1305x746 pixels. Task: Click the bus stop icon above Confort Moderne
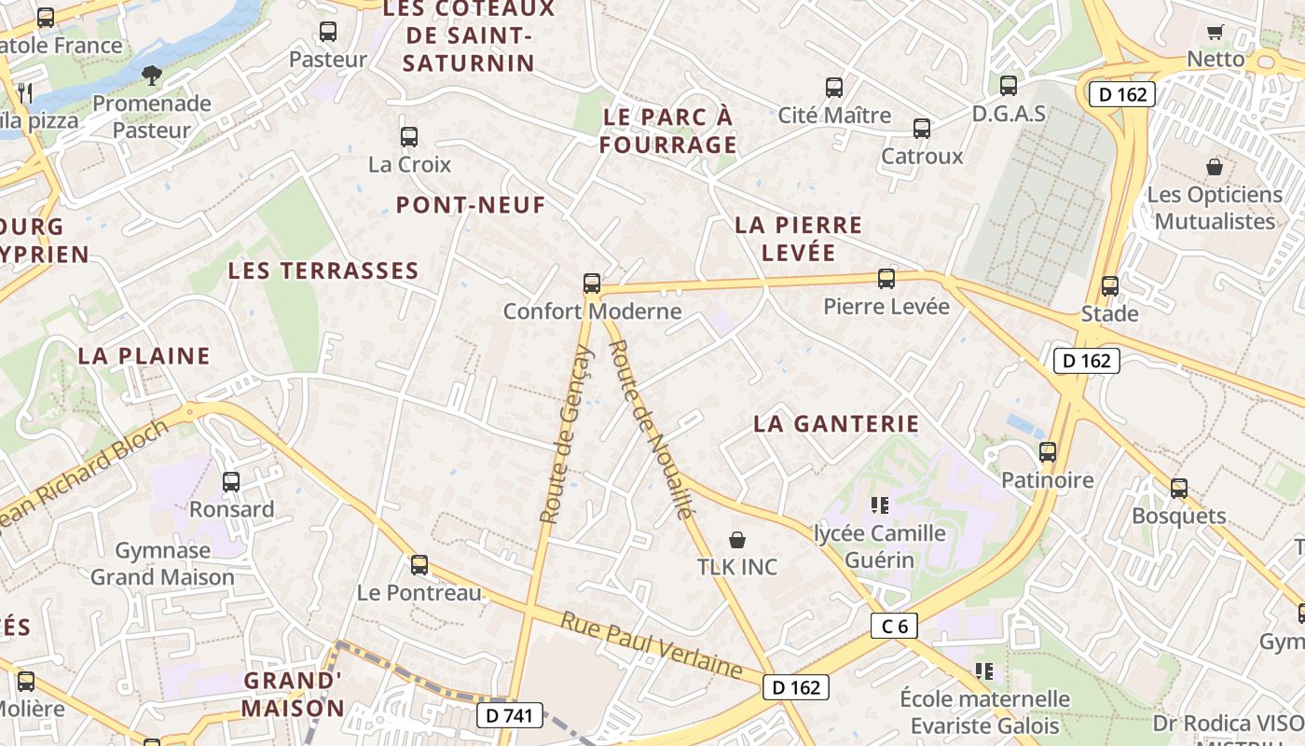click(591, 283)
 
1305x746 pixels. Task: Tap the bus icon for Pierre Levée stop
click(886, 278)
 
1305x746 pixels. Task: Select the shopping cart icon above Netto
click(1215, 33)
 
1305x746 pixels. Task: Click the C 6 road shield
click(894, 626)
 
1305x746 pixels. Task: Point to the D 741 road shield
click(509, 715)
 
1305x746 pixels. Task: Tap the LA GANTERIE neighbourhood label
click(836, 423)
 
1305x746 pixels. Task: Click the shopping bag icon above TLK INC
click(736, 539)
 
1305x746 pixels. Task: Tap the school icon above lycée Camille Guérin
click(879, 505)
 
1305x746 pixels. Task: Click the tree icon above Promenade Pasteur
click(151, 75)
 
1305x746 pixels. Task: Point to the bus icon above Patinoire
click(1048, 452)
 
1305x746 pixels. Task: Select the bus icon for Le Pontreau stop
click(419, 564)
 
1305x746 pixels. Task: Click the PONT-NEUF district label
click(471, 205)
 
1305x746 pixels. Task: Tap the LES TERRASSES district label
click(323, 271)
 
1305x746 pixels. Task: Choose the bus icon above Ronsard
click(231, 482)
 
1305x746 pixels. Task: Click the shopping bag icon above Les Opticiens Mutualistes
click(1214, 167)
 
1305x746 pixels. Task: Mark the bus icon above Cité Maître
click(834, 88)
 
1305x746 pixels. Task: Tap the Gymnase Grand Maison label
click(162, 563)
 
